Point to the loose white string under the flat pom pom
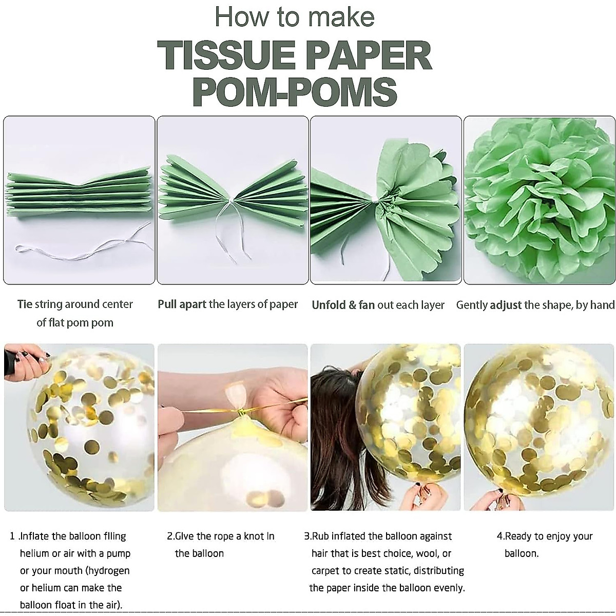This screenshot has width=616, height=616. [77, 248]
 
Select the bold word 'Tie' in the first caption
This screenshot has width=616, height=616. [25, 304]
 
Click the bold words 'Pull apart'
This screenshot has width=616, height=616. [182, 304]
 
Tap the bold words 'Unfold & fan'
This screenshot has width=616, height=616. [343, 305]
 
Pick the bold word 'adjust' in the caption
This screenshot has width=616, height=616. [506, 305]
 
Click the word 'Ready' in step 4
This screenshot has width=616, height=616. [518, 536]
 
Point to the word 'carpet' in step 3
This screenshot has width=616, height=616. [327, 570]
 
